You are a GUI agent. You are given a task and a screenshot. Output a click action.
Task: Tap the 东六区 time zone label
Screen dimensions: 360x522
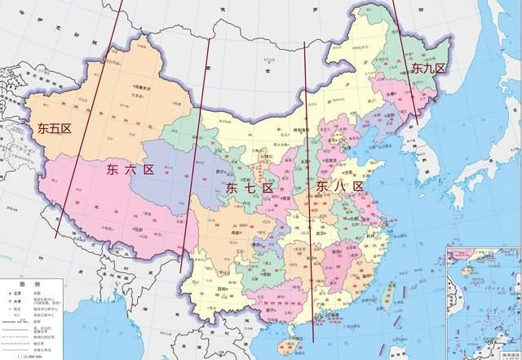130,170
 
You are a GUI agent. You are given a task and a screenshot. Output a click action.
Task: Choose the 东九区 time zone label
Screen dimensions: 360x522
428,68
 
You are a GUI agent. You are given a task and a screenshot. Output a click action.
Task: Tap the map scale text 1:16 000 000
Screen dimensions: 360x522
33,357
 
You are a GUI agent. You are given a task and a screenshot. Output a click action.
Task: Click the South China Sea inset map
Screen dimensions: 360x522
484,302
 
